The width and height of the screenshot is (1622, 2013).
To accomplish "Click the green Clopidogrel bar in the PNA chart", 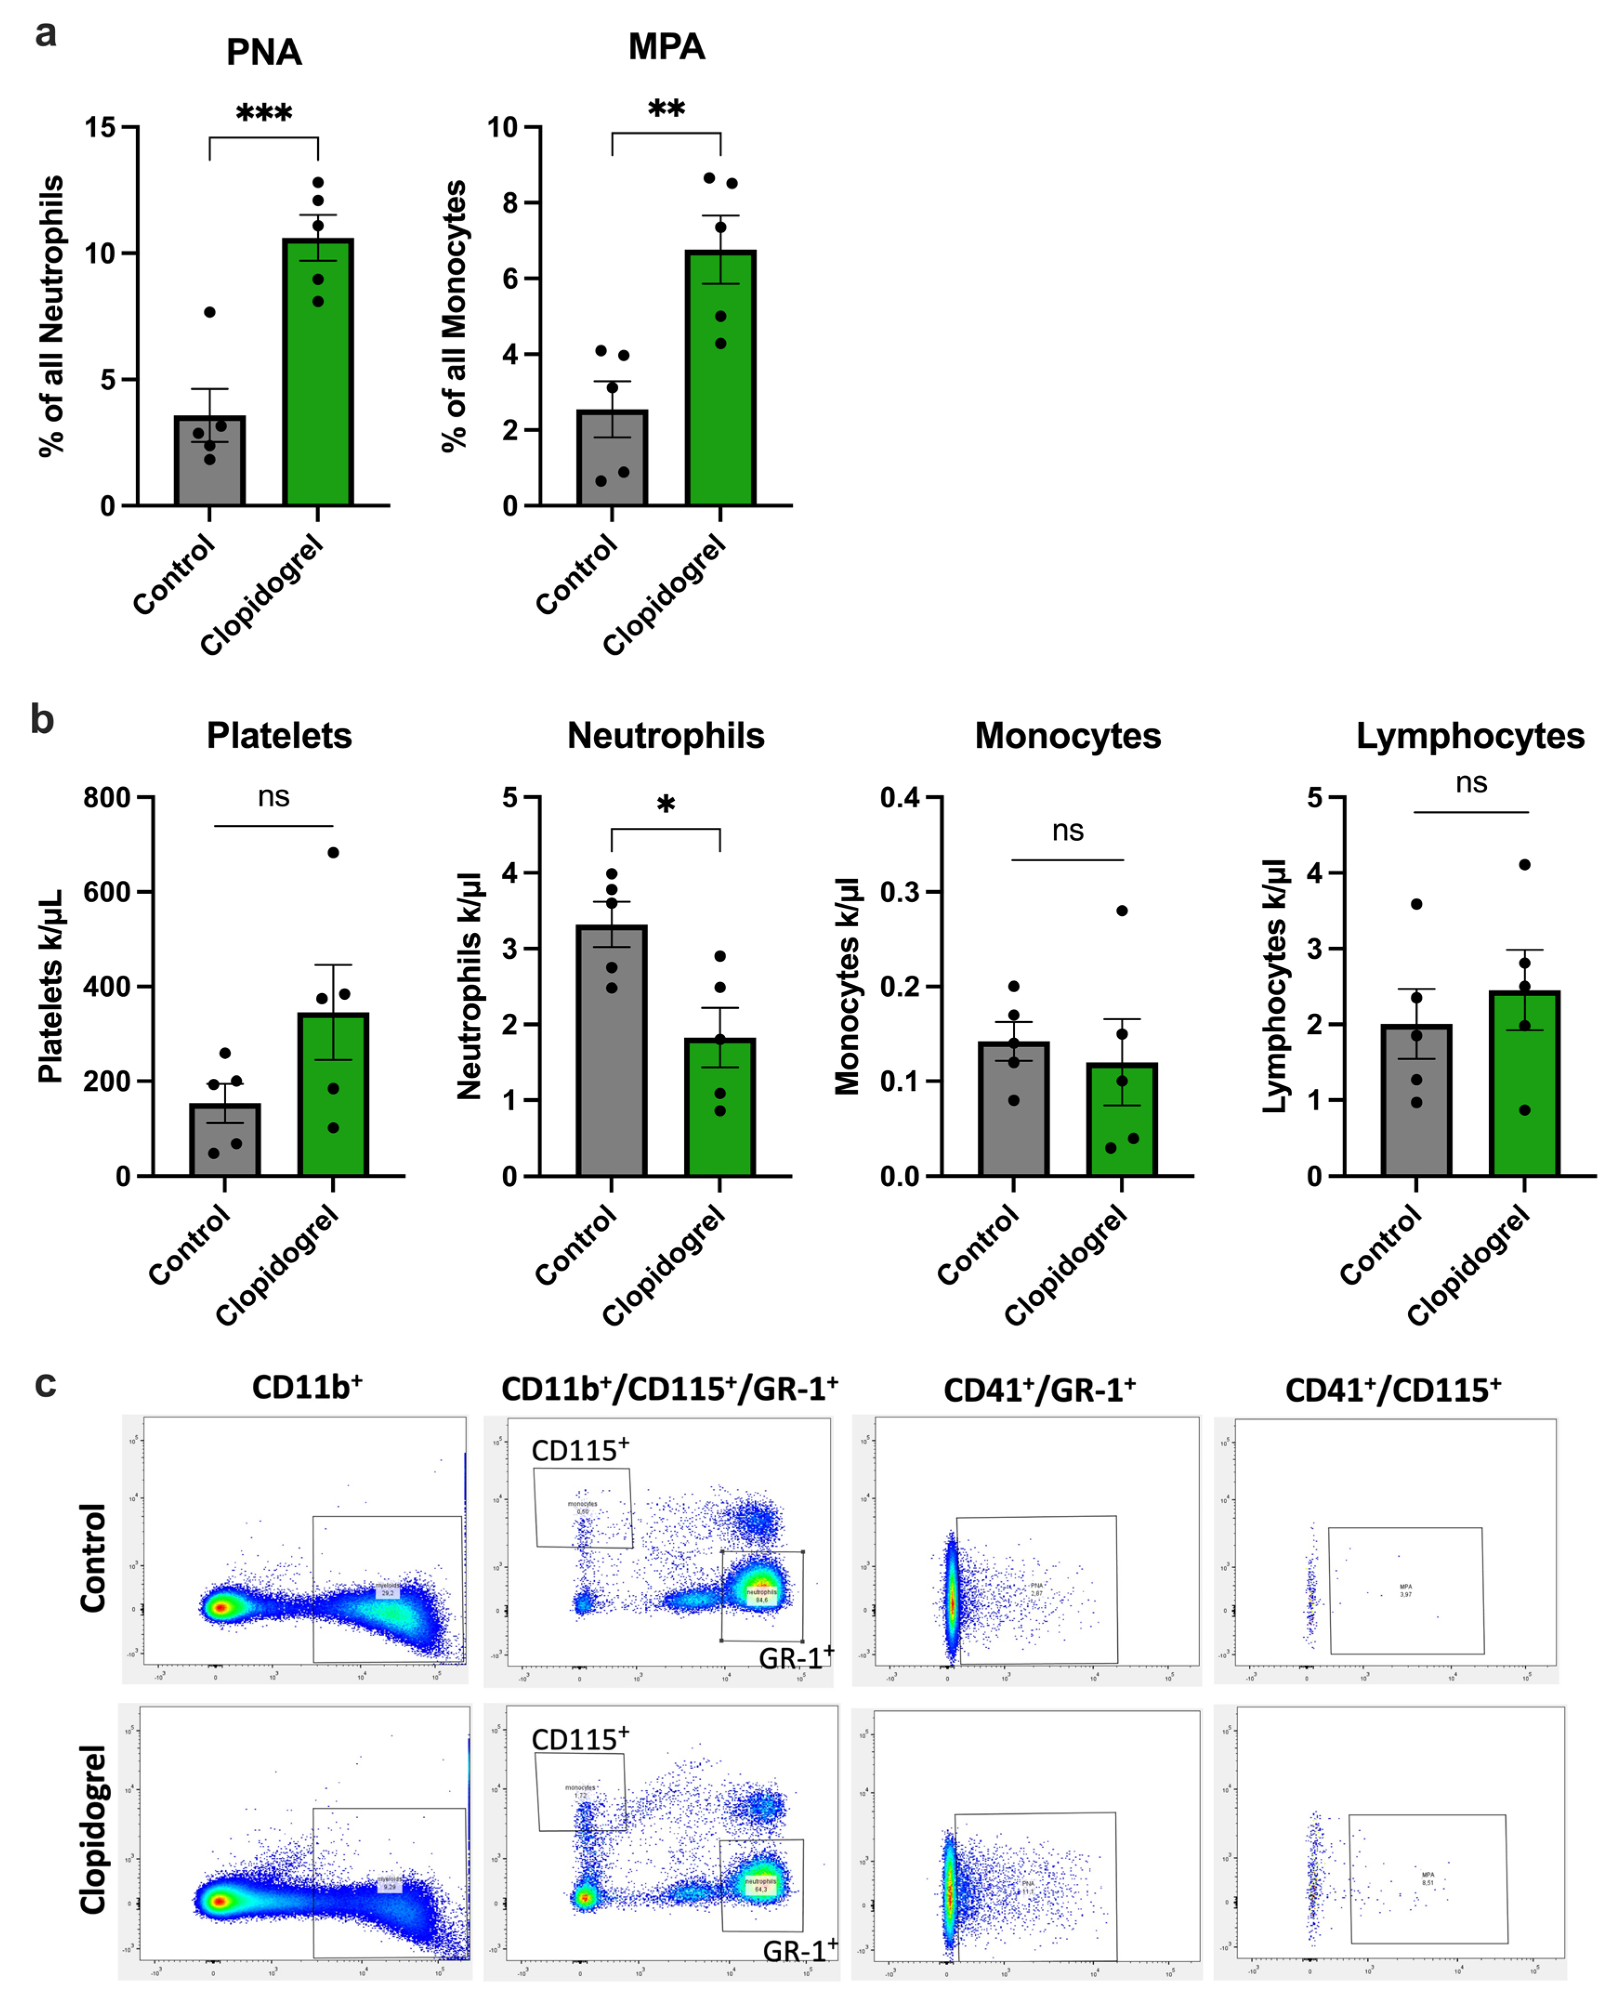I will point(318,374).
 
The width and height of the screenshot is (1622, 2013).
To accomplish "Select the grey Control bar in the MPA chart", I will point(612,458).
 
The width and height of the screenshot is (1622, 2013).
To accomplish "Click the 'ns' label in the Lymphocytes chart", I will point(1471,783).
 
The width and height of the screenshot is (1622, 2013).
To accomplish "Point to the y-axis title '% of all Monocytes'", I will point(455,316).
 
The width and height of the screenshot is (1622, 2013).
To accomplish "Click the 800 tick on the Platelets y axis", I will point(106,798).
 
